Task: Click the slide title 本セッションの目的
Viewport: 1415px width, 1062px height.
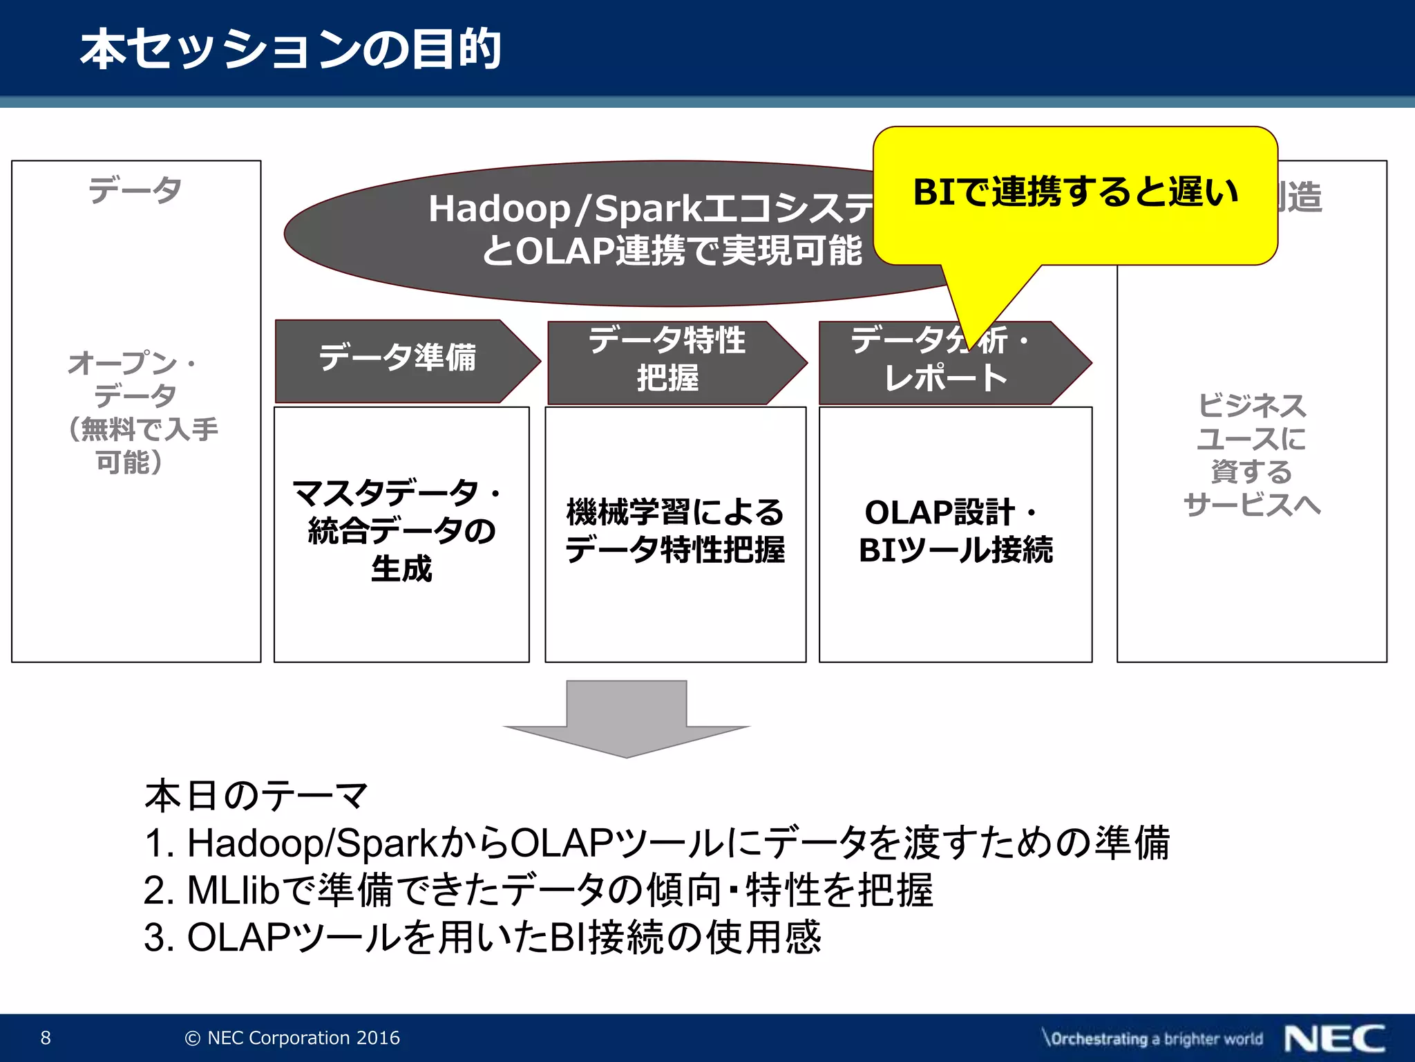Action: click(x=290, y=50)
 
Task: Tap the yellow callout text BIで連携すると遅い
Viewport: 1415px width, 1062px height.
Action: click(x=1075, y=193)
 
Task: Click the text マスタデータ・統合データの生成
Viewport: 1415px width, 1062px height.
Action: click(x=401, y=531)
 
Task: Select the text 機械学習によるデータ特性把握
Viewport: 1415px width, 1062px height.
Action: click(x=675, y=531)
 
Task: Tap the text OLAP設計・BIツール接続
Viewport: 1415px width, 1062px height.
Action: click(x=956, y=531)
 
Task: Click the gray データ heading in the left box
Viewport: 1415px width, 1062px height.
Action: click(x=135, y=190)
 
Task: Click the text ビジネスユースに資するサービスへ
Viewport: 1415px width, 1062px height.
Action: click(x=1251, y=455)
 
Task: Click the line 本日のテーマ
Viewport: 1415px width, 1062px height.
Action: click(x=256, y=796)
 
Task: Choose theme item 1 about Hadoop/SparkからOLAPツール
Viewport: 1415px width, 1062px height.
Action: click(x=656, y=843)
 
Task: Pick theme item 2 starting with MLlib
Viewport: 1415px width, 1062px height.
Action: click(x=539, y=891)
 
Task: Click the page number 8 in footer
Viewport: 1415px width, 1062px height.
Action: click(x=46, y=1038)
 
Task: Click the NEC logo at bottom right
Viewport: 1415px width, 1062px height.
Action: click(x=1334, y=1038)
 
